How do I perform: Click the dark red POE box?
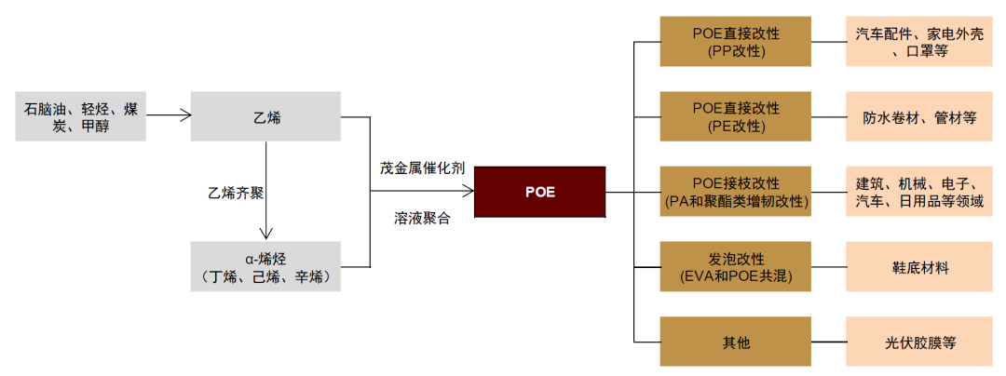539,193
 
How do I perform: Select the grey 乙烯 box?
265,117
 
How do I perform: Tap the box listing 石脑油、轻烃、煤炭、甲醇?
81,117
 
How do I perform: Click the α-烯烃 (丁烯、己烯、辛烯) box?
265,266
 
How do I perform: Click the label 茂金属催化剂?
421,168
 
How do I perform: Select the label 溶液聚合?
421,220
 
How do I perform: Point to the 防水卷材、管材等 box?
918,117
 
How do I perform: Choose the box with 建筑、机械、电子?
918,192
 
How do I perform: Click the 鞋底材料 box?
918,266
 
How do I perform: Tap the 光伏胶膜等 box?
918,342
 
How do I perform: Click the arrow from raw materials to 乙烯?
169,116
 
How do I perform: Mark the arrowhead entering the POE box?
469,193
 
